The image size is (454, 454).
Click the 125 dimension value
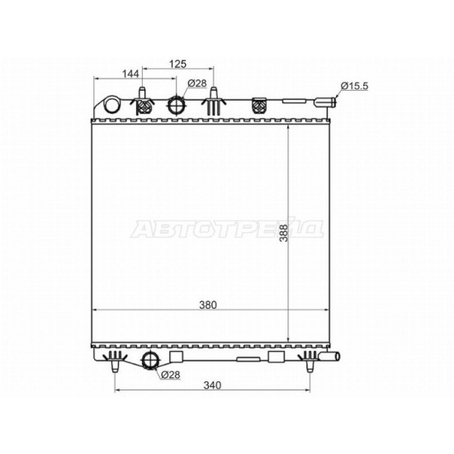click(x=177, y=64)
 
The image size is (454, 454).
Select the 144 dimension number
click(x=130, y=74)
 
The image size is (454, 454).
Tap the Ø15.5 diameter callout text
click(x=354, y=86)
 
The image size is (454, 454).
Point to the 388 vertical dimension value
click(x=284, y=233)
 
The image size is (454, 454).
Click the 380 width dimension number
click(x=208, y=305)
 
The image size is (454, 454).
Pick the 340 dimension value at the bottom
click(x=212, y=385)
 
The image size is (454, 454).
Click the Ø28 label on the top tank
click(x=197, y=83)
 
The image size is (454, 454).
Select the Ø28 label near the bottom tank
click(x=171, y=375)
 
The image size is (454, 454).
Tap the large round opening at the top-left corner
click(x=111, y=105)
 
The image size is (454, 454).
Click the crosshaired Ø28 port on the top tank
click(x=176, y=105)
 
